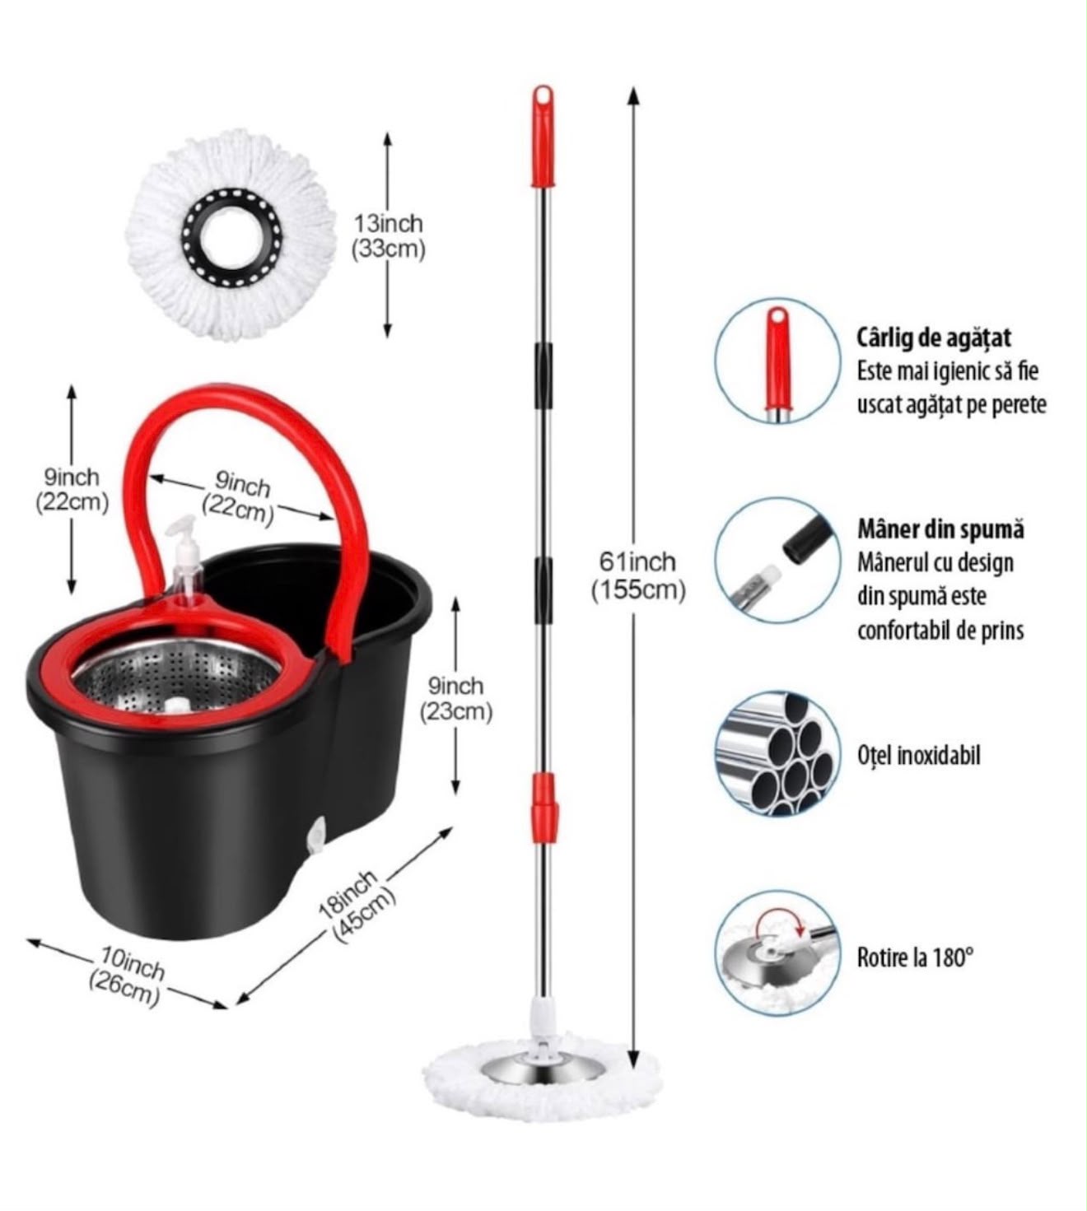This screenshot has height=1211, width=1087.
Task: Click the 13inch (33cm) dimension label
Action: tap(388, 236)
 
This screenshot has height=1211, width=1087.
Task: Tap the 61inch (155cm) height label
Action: tap(638, 575)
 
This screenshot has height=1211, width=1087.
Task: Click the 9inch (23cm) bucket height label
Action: tap(456, 698)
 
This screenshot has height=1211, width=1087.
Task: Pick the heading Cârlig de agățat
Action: tap(934, 338)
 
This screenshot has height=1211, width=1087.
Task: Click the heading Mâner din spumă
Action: tap(941, 529)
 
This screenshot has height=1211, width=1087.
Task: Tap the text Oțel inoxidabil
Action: tap(919, 756)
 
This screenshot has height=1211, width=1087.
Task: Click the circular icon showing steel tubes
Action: tap(778, 754)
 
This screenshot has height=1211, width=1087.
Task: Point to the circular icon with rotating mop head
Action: tap(778, 955)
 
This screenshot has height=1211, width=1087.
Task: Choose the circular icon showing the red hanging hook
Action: tap(778, 361)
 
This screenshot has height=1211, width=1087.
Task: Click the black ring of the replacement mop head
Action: tap(231, 235)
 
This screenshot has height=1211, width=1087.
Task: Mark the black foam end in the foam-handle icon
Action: tap(806, 538)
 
